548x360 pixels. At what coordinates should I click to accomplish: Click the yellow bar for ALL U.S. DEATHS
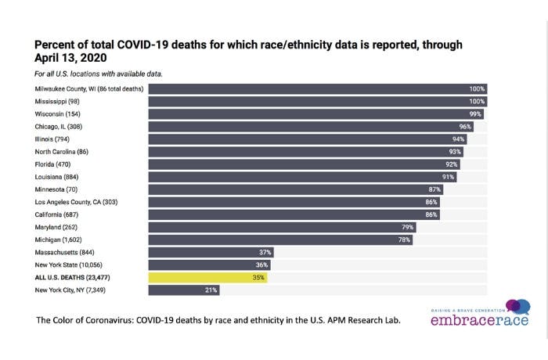click(x=207, y=277)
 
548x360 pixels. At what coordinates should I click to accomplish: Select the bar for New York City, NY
click(x=184, y=290)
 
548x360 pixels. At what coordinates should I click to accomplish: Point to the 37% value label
click(x=265, y=252)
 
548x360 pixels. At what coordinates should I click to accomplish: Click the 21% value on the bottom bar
click(x=211, y=290)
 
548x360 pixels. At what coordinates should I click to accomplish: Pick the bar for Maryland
click(x=282, y=227)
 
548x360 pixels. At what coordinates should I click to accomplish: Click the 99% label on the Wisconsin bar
click(x=474, y=114)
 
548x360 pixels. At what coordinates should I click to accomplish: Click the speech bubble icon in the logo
click(x=517, y=307)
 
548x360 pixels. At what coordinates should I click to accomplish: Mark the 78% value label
click(x=404, y=239)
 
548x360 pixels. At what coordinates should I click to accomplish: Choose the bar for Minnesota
click(x=298, y=189)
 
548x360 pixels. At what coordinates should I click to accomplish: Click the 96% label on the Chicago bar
click(x=465, y=127)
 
